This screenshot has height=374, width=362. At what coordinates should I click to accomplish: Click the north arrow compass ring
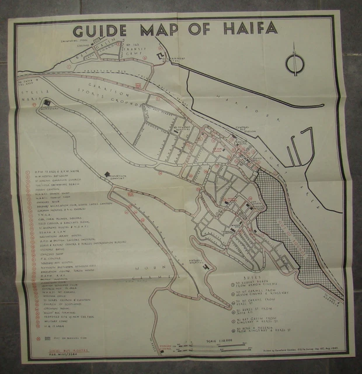294,64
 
